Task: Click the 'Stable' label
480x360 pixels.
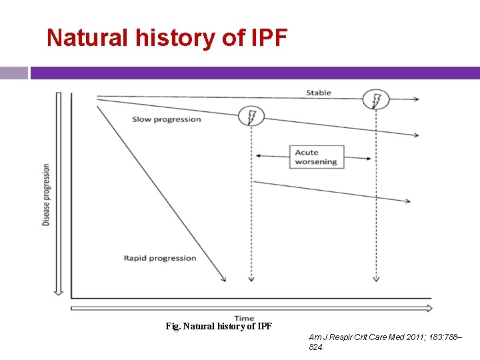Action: pyautogui.click(x=318, y=93)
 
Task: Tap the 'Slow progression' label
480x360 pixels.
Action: pyautogui.click(x=166, y=119)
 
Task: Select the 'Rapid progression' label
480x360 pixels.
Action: pyautogui.click(x=160, y=258)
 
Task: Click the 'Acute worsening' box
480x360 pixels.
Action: pyautogui.click(x=317, y=157)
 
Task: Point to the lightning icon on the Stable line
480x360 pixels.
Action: pyautogui.click(x=376, y=100)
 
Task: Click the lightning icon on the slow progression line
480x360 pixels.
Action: pyautogui.click(x=251, y=117)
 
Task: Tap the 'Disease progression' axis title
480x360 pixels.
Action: pyautogui.click(x=46, y=195)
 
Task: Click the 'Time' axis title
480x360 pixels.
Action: pyautogui.click(x=244, y=319)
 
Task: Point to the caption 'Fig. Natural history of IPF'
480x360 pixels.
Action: pyautogui.click(x=219, y=327)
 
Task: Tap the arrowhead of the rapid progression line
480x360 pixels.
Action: pyautogui.click(x=223, y=279)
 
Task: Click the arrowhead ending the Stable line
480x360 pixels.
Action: pyautogui.click(x=417, y=99)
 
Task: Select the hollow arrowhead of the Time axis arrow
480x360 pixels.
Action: pyautogui.click(x=427, y=308)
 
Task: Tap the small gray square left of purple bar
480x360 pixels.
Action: pyautogui.click(x=14, y=73)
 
